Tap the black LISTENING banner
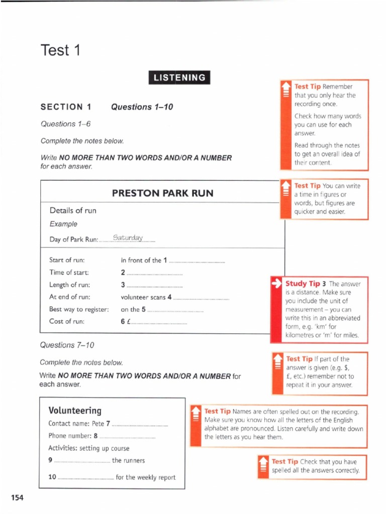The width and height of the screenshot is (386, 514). (x=179, y=78)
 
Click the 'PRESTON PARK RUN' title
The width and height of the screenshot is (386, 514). (x=163, y=193)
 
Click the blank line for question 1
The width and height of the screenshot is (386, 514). (x=197, y=261)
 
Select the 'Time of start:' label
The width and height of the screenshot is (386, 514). (x=69, y=273)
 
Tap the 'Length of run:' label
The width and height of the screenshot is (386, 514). (x=69, y=285)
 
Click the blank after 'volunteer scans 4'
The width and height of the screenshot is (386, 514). (x=201, y=298)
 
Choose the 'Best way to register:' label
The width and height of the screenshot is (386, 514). (x=79, y=309)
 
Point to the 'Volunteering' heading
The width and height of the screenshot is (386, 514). (x=75, y=410)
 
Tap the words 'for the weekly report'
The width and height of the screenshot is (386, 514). (x=146, y=477)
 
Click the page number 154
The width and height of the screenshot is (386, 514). (x=17, y=497)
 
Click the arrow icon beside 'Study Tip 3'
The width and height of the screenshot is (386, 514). (x=277, y=283)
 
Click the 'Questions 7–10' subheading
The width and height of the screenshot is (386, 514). (x=67, y=345)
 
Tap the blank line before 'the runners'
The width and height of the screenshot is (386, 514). (x=81, y=461)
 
